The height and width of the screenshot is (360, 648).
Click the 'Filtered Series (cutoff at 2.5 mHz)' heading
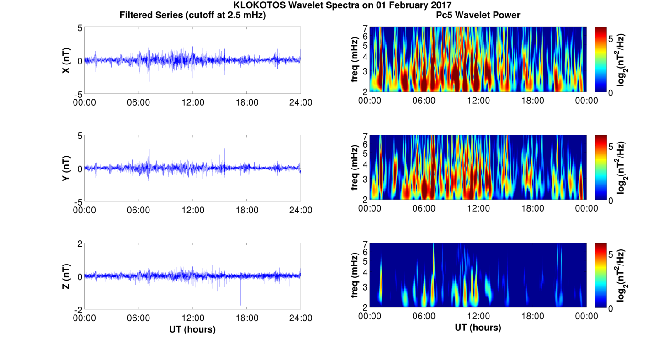pos(192,15)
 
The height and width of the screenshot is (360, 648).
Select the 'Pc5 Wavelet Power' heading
pos(478,15)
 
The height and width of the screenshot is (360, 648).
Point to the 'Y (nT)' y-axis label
pos(66,168)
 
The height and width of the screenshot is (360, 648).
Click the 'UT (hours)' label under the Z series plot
pos(192,329)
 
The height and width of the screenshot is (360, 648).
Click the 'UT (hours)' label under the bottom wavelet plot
pos(478,328)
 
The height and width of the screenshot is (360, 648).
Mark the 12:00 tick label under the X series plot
pos(192,102)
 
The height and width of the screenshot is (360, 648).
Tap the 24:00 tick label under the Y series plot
pos(301,210)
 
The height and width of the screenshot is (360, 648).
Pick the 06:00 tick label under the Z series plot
pos(138,318)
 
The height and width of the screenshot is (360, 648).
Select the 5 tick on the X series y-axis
pos(80,28)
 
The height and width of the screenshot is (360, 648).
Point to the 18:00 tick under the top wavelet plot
pos(532,101)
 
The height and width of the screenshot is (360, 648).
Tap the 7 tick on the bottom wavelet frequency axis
pos(365,244)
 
